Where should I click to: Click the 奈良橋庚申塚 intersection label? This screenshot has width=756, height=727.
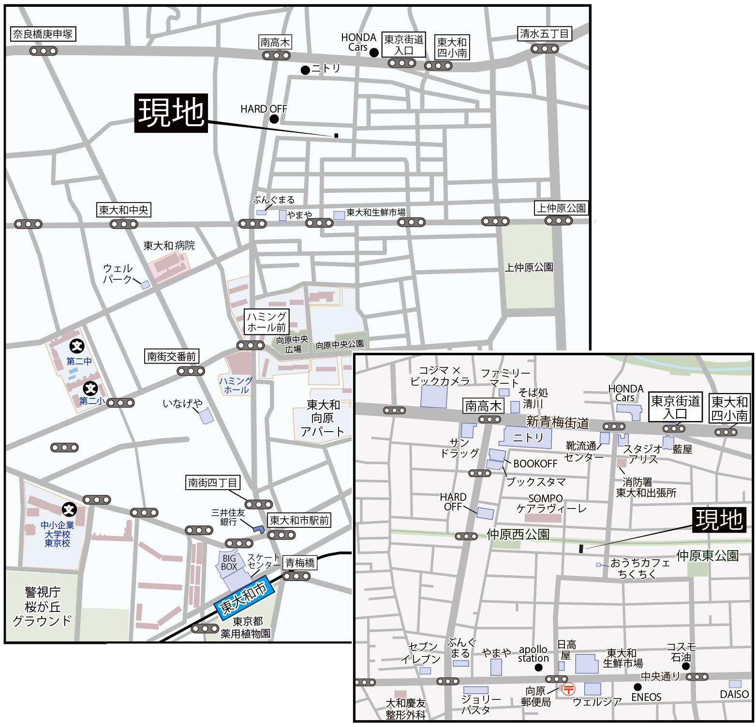[x=43, y=34]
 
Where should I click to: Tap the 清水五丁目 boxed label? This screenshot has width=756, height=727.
[x=545, y=33]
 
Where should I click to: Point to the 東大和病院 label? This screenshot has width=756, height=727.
[x=169, y=246]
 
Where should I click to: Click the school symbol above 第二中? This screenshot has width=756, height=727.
[x=77, y=346]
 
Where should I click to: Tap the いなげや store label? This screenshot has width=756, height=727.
[x=182, y=403]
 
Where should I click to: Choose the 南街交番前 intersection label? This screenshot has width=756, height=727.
[x=172, y=357]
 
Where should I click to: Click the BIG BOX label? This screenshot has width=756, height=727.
[x=229, y=563]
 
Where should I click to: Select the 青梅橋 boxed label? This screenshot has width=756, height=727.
[x=300, y=563]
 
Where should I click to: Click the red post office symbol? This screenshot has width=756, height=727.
[x=568, y=688]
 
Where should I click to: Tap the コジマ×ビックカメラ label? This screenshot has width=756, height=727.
[x=440, y=376]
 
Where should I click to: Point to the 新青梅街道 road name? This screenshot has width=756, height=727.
[x=557, y=422]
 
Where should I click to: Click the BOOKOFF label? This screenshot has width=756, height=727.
[x=535, y=464]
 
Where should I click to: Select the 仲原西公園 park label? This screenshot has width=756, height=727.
[x=518, y=534]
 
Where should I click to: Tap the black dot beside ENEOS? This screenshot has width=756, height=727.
[x=637, y=687]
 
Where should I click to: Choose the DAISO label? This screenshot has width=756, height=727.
[x=734, y=694]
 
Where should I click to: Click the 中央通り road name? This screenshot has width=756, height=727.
[x=660, y=676]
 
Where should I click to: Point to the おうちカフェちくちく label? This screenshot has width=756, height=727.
[x=639, y=568]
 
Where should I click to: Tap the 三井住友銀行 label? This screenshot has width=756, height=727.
[x=228, y=517]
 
